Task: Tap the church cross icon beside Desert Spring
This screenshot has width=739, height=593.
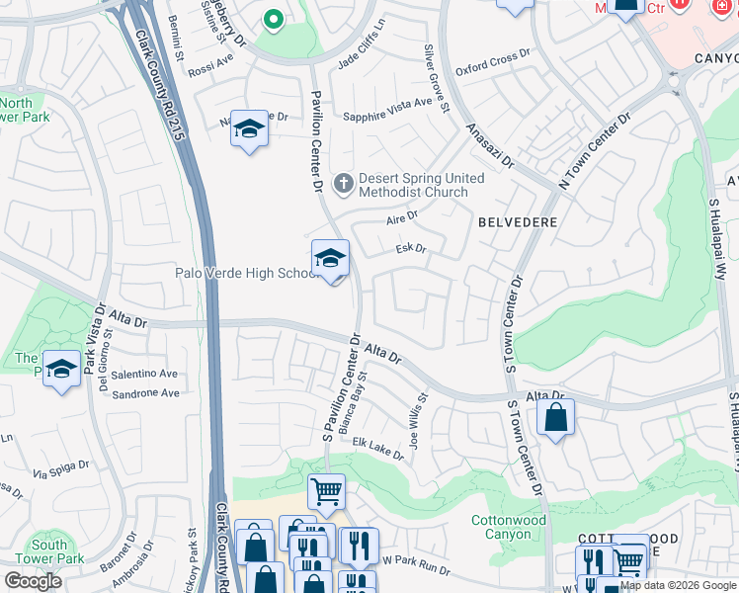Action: pyautogui.click(x=344, y=182)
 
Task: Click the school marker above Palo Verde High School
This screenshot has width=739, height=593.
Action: pyautogui.click(x=330, y=260)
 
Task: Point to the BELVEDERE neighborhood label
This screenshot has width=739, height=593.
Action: pyautogui.click(x=518, y=222)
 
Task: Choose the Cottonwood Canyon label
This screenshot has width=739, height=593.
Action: pyautogui.click(x=508, y=527)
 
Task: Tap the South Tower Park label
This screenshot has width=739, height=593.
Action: pyautogui.click(x=49, y=551)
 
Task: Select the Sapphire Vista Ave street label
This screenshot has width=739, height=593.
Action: pyautogui.click(x=387, y=109)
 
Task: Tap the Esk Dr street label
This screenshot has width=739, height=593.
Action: pyautogui.click(x=410, y=249)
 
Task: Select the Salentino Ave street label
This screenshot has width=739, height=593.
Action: pyautogui.click(x=144, y=374)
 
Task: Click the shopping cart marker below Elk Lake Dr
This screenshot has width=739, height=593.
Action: pyautogui.click(x=326, y=491)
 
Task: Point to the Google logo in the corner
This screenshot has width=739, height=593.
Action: pyautogui.click(x=33, y=581)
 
